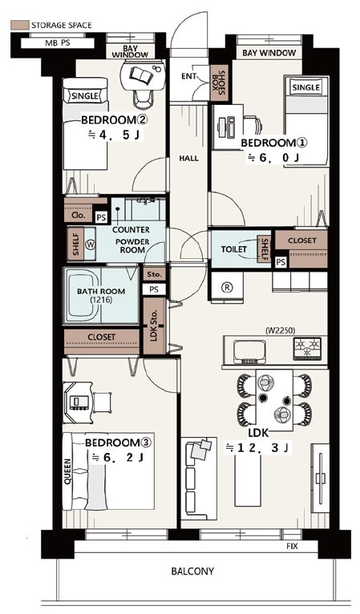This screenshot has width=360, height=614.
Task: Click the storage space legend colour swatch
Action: pyautogui.click(x=19, y=25)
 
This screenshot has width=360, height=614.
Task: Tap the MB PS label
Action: pyautogui.click(x=58, y=42)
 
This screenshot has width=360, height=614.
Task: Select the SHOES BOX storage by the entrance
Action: pyautogui.click(x=220, y=83)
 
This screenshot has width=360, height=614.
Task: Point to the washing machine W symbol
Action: pyautogui.click(x=91, y=245)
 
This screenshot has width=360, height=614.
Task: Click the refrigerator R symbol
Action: pyautogui.click(x=227, y=288)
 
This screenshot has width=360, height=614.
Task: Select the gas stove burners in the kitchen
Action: pyautogui.click(x=308, y=348)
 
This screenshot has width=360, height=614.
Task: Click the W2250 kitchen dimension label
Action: pyautogui.click(x=280, y=330)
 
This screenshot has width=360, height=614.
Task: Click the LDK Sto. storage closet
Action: pyautogui.click(x=154, y=325)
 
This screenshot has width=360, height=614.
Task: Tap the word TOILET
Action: pyautogui.click(x=234, y=249)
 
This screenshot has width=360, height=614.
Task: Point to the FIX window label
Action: pyautogui.click(x=292, y=546)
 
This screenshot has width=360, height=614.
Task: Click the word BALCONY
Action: pyautogui.click(x=192, y=571)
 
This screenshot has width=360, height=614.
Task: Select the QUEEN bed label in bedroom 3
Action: pyautogui.click(x=68, y=471)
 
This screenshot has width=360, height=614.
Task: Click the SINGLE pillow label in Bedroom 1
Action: pyautogui.click(x=306, y=87)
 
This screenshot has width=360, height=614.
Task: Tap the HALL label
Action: pyautogui.click(x=188, y=159)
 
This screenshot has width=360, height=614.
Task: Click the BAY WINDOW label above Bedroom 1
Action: pyautogui.click(x=269, y=53)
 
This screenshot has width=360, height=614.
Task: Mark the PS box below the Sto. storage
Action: pyautogui.click(x=154, y=289)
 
